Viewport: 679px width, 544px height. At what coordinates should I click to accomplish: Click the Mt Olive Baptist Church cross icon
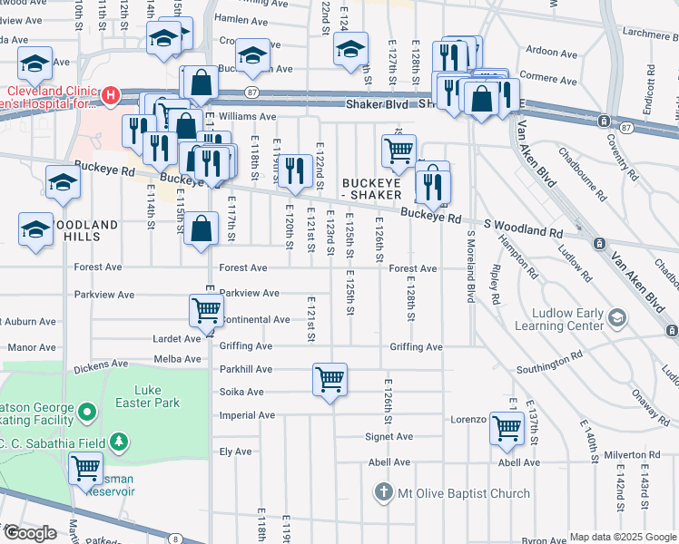click(383, 493)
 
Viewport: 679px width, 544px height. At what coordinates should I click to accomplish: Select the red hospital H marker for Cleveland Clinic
click(111, 94)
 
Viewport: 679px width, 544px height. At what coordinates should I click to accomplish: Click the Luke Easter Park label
click(149, 396)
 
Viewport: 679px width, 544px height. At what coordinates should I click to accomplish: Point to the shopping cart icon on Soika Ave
click(330, 378)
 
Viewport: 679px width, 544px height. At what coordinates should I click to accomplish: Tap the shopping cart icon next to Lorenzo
click(506, 427)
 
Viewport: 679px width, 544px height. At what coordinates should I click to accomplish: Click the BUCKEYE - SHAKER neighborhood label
click(370, 189)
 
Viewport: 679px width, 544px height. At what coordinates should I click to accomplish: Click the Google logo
click(29, 533)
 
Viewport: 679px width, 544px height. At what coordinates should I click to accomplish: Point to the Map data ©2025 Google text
click(622, 537)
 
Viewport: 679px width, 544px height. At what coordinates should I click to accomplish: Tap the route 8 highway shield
click(174, 539)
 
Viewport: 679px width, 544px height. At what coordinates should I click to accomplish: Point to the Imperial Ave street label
click(246, 415)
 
